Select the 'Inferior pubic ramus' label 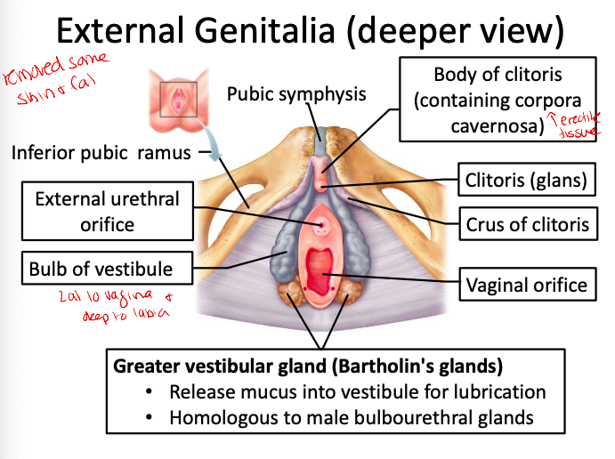pyautogui.click(x=101, y=152)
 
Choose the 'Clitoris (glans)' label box pyautogui.click(x=526, y=181)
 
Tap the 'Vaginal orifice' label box pyautogui.click(x=526, y=286)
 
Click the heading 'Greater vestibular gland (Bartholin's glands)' pyautogui.click(x=308, y=366)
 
